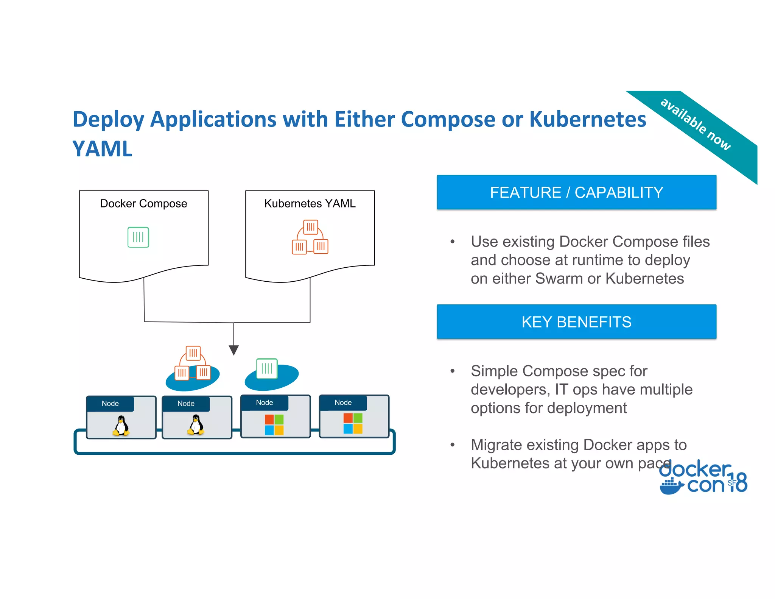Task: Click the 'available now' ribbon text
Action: (x=695, y=124)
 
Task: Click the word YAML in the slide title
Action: (x=102, y=149)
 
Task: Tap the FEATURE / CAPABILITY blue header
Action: (x=576, y=192)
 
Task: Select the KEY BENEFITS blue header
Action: (x=576, y=322)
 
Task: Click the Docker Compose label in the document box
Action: (x=143, y=203)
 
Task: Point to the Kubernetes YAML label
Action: (x=310, y=203)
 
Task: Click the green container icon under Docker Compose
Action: (x=138, y=237)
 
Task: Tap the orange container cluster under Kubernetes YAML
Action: (x=310, y=237)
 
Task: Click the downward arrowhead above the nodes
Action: (x=234, y=350)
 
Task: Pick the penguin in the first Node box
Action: (x=121, y=426)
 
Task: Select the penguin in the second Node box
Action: (x=196, y=425)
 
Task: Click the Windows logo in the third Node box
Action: (x=274, y=424)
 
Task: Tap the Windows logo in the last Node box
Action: (x=353, y=423)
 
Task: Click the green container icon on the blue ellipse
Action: (x=267, y=368)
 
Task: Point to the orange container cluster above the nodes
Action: (x=193, y=363)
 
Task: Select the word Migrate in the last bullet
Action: (x=496, y=445)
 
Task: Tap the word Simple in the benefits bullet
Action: (x=494, y=371)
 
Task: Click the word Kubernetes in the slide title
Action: (x=587, y=119)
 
